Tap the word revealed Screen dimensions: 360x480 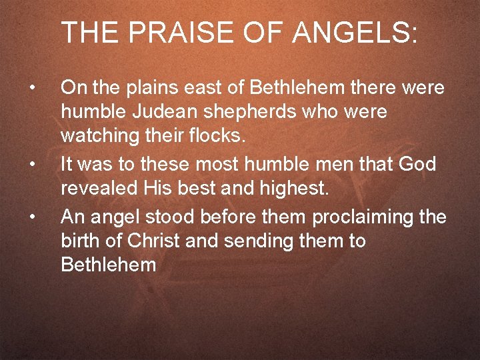pyautogui.click(x=98, y=189)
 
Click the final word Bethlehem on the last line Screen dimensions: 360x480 pyautogui.click(x=108, y=265)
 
